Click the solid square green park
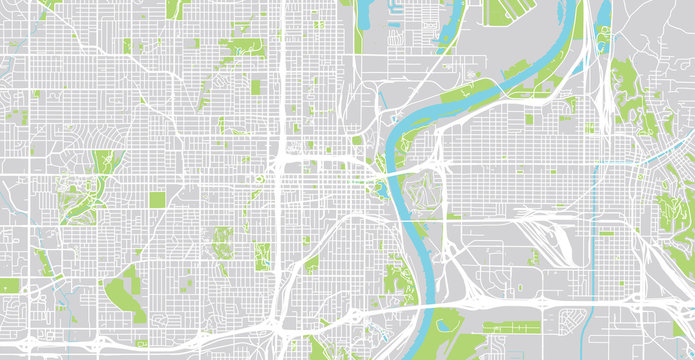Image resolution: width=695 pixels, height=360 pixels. click(157, 200)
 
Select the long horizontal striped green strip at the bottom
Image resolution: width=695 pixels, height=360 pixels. click(511, 327)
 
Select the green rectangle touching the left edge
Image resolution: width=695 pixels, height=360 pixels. click(8, 286)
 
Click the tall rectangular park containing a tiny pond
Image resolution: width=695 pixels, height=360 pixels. click(262, 254)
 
